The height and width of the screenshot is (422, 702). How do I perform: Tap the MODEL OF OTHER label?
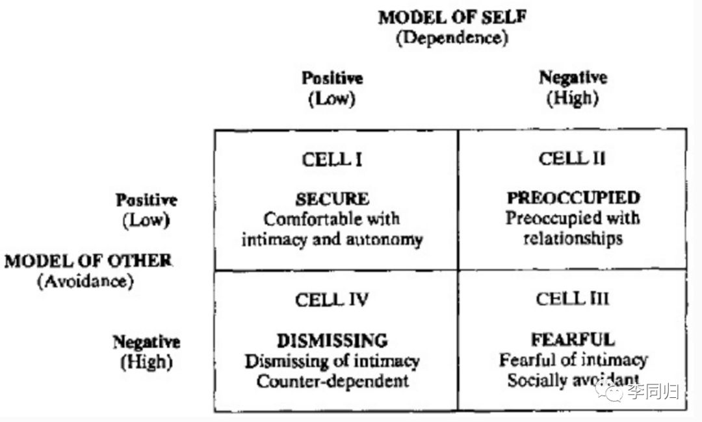point(88,261)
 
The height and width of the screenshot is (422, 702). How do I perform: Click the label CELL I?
point(332,159)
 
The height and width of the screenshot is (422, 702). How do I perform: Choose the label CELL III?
point(573,299)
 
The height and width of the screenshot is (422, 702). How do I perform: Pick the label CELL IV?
point(332,300)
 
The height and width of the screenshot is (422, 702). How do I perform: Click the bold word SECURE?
point(332,199)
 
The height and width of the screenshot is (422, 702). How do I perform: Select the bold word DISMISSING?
point(332,340)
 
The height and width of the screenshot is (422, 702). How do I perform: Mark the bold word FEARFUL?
point(573,340)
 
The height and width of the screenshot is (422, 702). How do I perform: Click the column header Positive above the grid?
point(332,79)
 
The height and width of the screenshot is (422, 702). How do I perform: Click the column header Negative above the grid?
point(573,79)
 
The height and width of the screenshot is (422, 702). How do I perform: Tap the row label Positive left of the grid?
point(146,201)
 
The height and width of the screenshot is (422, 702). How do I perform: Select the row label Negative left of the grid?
point(146,341)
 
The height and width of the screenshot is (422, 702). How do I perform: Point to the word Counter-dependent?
point(332,381)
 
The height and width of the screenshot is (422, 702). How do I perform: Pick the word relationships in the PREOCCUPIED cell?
point(573,238)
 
